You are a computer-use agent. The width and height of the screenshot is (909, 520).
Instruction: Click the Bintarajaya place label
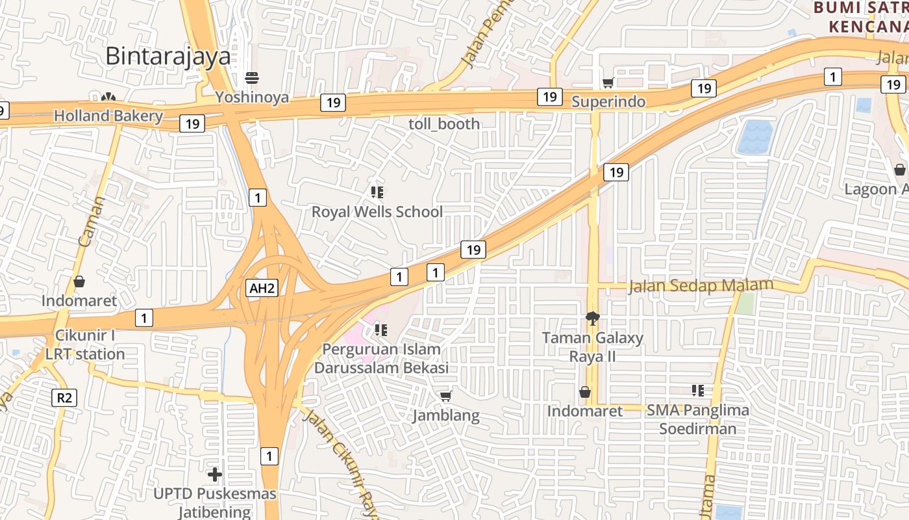pos(168,56)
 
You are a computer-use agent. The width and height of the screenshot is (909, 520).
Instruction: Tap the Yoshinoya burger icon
pos(252,79)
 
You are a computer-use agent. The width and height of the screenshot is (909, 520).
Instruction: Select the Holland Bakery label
pos(108,116)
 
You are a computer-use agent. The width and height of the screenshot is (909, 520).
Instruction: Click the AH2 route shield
pos(262,289)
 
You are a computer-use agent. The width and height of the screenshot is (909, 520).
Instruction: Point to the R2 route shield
pos(64,397)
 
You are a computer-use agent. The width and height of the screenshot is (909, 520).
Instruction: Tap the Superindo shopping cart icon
pos(608,83)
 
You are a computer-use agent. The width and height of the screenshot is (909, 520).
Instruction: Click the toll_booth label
pos(444,123)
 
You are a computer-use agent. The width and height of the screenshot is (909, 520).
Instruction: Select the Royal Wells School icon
pos(377,192)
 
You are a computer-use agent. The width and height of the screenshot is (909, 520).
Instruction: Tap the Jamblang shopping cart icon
pos(445,396)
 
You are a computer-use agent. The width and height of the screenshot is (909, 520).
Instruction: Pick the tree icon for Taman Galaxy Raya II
pos(592,318)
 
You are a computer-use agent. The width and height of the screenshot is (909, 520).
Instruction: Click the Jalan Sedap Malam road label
pos(701,285)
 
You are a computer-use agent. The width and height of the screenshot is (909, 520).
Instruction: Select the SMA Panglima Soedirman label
pos(698,419)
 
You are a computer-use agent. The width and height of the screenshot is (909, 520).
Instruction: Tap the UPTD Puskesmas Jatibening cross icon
pos(214,474)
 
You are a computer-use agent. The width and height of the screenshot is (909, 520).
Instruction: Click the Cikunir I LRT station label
pos(85,345)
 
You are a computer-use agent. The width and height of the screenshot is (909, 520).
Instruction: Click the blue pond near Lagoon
pos(755,136)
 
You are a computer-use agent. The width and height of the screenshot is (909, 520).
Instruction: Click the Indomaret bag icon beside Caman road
pos(79,281)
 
